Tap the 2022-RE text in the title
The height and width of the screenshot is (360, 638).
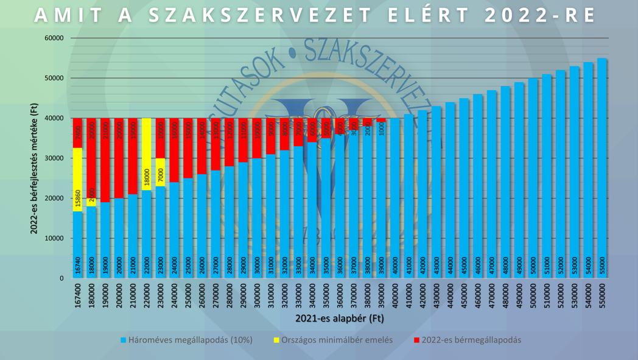(x=541, y=16)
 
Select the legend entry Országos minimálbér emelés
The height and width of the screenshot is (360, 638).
(x=336, y=340)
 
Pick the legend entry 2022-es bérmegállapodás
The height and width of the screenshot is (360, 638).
(x=471, y=340)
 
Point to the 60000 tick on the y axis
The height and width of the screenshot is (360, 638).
(x=54, y=38)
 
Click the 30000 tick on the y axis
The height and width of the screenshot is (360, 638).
(x=54, y=158)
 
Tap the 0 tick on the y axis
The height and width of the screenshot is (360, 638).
(x=61, y=278)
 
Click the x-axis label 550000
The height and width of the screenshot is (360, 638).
(x=602, y=295)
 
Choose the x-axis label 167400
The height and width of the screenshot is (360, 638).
(x=78, y=295)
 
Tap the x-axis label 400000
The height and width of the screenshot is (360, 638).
(x=395, y=295)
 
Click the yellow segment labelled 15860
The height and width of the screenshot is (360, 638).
(x=78, y=180)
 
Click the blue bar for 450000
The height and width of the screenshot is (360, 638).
(x=464, y=188)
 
